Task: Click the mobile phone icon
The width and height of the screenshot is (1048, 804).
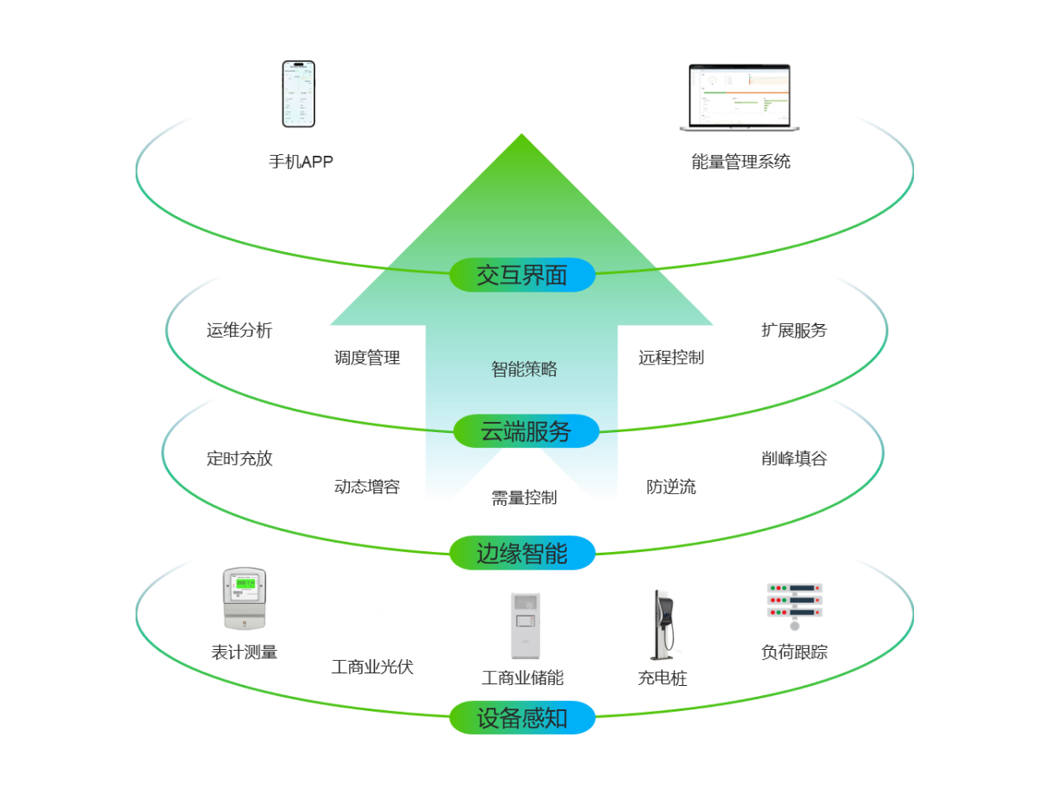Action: (x=298, y=94)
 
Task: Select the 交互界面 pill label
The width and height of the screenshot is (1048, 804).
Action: (x=522, y=275)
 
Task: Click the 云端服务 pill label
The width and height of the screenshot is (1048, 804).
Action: (x=526, y=431)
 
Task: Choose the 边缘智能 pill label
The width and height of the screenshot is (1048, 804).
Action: (x=522, y=554)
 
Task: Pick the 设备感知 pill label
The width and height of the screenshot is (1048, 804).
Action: (x=522, y=718)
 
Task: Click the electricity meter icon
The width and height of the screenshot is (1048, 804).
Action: (x=244, y=599)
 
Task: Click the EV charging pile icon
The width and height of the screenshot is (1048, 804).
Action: (x=665, y=625)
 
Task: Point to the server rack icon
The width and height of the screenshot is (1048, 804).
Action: (x=794, y=606)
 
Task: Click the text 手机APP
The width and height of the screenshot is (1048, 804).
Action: (x=301, y=162)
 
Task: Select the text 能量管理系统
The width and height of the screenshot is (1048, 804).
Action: (x=741, y=162)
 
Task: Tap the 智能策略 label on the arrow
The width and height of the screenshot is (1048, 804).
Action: (x=524, y=369)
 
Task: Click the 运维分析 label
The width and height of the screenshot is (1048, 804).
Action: (x=239, y=331)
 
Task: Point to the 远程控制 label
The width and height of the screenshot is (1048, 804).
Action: (x=671, y=358)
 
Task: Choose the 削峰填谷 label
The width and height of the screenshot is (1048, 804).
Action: (x=794, y=458)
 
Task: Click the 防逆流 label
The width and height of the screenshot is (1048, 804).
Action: (x=671, y=487)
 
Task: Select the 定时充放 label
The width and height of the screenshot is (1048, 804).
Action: (x=239, y=459)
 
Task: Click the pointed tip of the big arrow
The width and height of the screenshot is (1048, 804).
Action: (x=521, y=137)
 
